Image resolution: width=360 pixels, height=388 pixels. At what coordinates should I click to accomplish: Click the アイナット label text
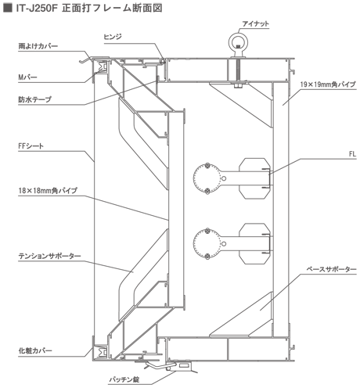pos(255,24)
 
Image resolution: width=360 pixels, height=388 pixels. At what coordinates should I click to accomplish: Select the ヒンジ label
pos(113,37)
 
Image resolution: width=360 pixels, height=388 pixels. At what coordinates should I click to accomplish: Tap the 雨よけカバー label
pos(38,46)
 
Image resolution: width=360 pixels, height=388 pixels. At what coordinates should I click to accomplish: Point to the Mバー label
pos(27,77)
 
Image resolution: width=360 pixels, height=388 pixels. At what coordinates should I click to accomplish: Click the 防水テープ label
pos(34,99)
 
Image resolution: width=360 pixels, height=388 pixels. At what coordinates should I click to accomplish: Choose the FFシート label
pos(31,146)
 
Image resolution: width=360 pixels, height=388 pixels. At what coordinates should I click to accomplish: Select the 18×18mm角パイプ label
pos(48,191)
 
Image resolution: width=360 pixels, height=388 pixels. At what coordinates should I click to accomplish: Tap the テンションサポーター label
pos(49,256)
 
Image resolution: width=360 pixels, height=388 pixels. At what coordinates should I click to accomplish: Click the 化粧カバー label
pos(35,350)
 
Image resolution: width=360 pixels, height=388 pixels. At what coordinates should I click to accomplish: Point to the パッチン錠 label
pos(124,379)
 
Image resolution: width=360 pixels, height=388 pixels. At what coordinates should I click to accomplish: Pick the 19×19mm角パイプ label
pos(328,84)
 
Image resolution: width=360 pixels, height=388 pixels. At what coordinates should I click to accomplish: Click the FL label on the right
pos(352,154)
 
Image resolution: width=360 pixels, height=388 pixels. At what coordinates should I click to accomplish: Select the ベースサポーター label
pos(331,269)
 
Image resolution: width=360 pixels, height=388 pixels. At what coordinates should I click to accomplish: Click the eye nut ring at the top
pos(238,34)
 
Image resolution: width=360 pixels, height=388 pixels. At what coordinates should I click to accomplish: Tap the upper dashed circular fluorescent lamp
pos(207,178)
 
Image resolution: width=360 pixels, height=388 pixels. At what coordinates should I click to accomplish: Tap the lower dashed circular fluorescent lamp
pos(207,244)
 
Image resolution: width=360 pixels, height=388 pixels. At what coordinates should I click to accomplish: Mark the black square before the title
pos(8,8)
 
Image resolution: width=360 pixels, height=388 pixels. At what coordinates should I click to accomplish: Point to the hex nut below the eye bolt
pos(238,85)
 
